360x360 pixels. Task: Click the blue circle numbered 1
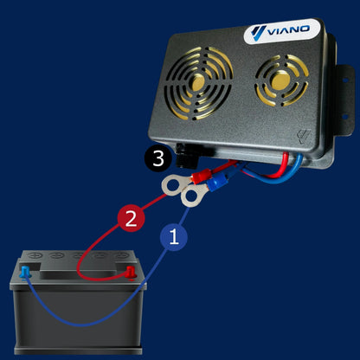pos(174,237)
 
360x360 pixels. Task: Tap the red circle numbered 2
pos(131,218)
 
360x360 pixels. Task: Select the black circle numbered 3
pos(158,158)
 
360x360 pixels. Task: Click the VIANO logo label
pos(282,31)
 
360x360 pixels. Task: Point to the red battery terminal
pos(131,273)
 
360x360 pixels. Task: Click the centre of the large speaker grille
pos(198,82)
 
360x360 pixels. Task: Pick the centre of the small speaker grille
pos(281,80)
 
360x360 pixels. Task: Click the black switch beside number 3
pos(187,157)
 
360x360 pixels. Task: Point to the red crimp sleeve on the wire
pos(202,176)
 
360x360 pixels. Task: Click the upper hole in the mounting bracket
pos(344,80)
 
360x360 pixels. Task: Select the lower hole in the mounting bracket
pos(344,117)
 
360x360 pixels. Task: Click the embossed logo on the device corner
pos(304,136)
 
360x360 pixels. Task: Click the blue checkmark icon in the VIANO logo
pos(258,33)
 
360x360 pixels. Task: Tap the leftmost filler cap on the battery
pos(36,255)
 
